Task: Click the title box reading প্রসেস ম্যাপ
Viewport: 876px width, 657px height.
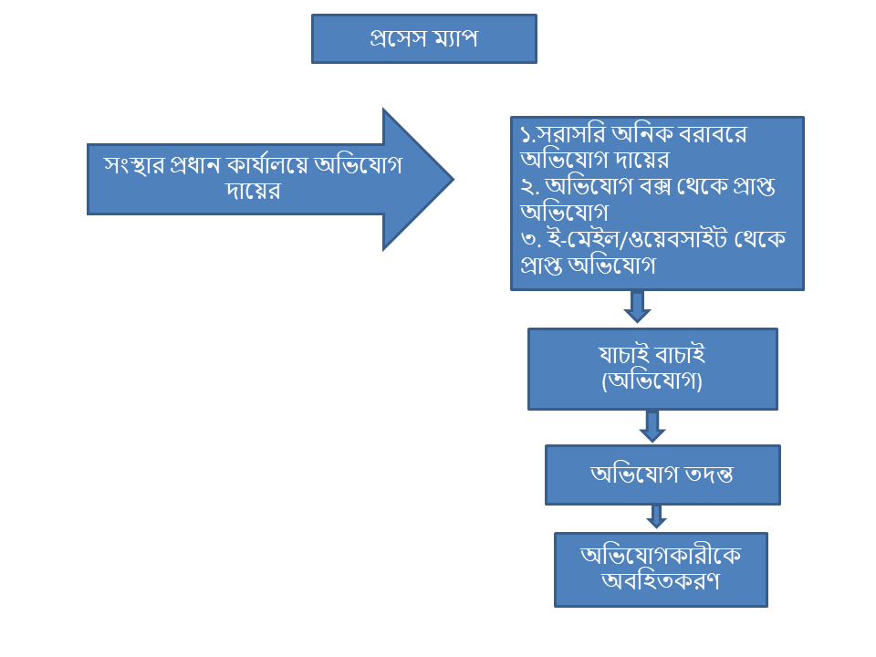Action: tap(423, 38)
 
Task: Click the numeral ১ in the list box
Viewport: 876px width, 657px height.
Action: tap(526, 135)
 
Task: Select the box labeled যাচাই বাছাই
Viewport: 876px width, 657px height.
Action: tap(652, 369)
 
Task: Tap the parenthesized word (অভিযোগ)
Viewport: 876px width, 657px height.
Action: tap(652, 381)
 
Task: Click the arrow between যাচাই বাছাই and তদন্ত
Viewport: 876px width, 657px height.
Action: tap(652, 426)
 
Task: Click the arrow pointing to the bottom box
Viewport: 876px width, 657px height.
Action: tap(656, 516)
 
